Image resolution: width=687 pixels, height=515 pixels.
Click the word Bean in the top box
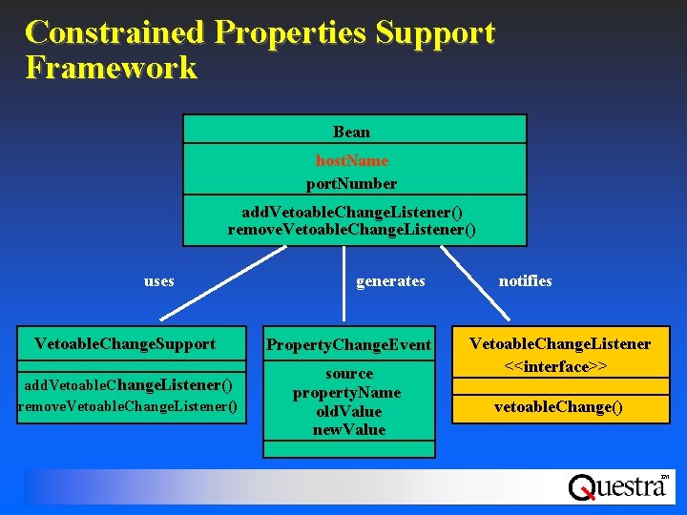(x=351, y=132)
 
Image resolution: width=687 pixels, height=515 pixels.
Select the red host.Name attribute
(x=351, y=161)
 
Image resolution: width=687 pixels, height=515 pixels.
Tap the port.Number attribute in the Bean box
(x=351, y=182)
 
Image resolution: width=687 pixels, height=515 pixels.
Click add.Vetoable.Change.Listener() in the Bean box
(x=352, y=211)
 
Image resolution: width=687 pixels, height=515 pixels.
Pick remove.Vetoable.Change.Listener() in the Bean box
(x=352, y=230)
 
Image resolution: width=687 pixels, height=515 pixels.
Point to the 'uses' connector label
(x=158, y=281)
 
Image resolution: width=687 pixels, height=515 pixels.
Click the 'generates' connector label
(x=390, y=281)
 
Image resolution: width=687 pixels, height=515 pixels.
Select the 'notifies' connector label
(x=525, y=280)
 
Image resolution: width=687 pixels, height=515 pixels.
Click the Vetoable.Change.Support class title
(x=125, y=343)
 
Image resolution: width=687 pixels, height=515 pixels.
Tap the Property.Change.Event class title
(x=348, y=344)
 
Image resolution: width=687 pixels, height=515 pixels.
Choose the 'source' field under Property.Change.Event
(x=348, y=373)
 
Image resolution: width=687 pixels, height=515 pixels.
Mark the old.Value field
(x=348, y=411)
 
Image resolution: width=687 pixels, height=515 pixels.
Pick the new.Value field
(x=348, y=429)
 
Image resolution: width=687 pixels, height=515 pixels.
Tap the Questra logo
(x=617, y=486)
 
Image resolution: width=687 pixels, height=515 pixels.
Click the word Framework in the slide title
(x=112, y=68)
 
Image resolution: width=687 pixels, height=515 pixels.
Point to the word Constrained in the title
(x=114, y=32)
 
